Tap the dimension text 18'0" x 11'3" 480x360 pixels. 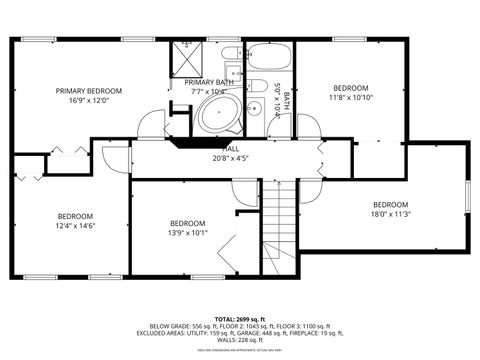tap(390, 213)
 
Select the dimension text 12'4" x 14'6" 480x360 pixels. tap(75, 226)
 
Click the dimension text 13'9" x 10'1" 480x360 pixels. tap(187, 233)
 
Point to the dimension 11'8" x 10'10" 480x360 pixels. tap(351, 98)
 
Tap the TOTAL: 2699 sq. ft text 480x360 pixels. tap(239, 318)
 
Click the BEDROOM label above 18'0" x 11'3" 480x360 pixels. tap(390, 204)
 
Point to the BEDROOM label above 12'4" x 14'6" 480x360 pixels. tap(75, 217)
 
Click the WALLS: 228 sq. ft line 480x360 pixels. tap(239, 341)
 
